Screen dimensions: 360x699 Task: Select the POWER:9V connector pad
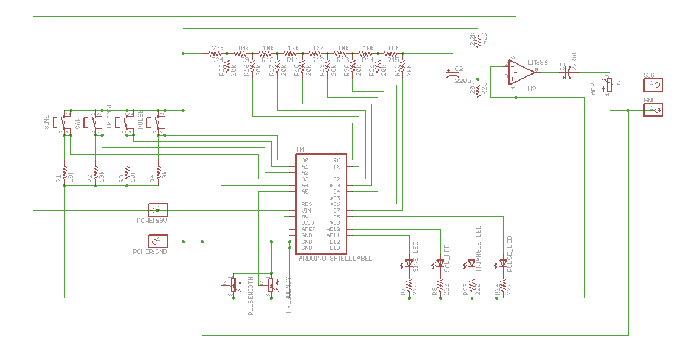click(x=157, y=210)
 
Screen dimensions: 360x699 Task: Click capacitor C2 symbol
click(x=453, y=75)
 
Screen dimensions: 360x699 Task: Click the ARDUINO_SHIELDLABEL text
click(x=336, y=259)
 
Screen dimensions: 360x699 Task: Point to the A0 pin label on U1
click(x=305, y=160)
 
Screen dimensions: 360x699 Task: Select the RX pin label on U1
click(x=336, y=160)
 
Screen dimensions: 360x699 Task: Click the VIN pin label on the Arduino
click(x=306, y=210)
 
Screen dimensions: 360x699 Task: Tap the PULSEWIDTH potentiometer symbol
click(x=233, y=285)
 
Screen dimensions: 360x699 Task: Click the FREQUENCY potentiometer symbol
click(x=270, y=285)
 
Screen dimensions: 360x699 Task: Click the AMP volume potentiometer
click(x=608, y=85)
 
